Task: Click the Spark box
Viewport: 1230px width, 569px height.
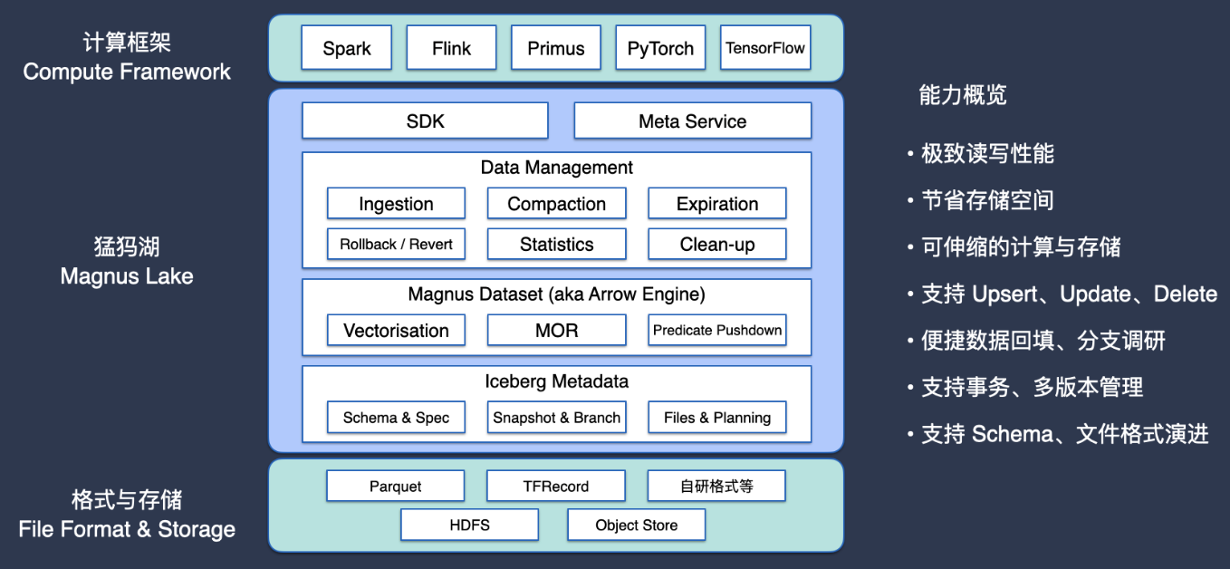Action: click(x=347, y=48)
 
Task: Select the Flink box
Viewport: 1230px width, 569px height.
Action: click(x=451, y=48)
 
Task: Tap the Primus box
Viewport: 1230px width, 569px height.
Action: click(x=556, y=48)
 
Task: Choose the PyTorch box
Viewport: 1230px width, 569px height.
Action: click(x=660, y=48)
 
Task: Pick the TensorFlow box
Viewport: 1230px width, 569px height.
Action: click(x=765, y=48)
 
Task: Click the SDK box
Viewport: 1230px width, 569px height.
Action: click(x=425, y=121)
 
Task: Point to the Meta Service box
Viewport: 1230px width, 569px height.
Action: click(x=692, y=121)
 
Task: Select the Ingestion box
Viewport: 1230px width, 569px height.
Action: click(x=396, y=204)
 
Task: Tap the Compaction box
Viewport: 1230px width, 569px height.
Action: click(x=556, y=204)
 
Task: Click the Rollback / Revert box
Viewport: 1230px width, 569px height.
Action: click(x=396, y=244)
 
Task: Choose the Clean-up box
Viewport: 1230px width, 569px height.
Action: click(x=716, y=244)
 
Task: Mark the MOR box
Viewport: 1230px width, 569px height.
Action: click(x=556, y=330)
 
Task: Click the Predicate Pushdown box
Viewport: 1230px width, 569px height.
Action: click(x=716, y=330)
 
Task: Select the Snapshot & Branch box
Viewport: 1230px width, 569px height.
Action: click(x=556, y=418)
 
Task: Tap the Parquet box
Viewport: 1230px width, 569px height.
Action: click(x=395, y=487)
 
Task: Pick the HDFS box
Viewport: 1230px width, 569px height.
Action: click(x=469, y=525)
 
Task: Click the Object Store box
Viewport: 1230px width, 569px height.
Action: click(x=636, y=525)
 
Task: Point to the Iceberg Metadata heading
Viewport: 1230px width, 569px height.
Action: click(x=556, y=381)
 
